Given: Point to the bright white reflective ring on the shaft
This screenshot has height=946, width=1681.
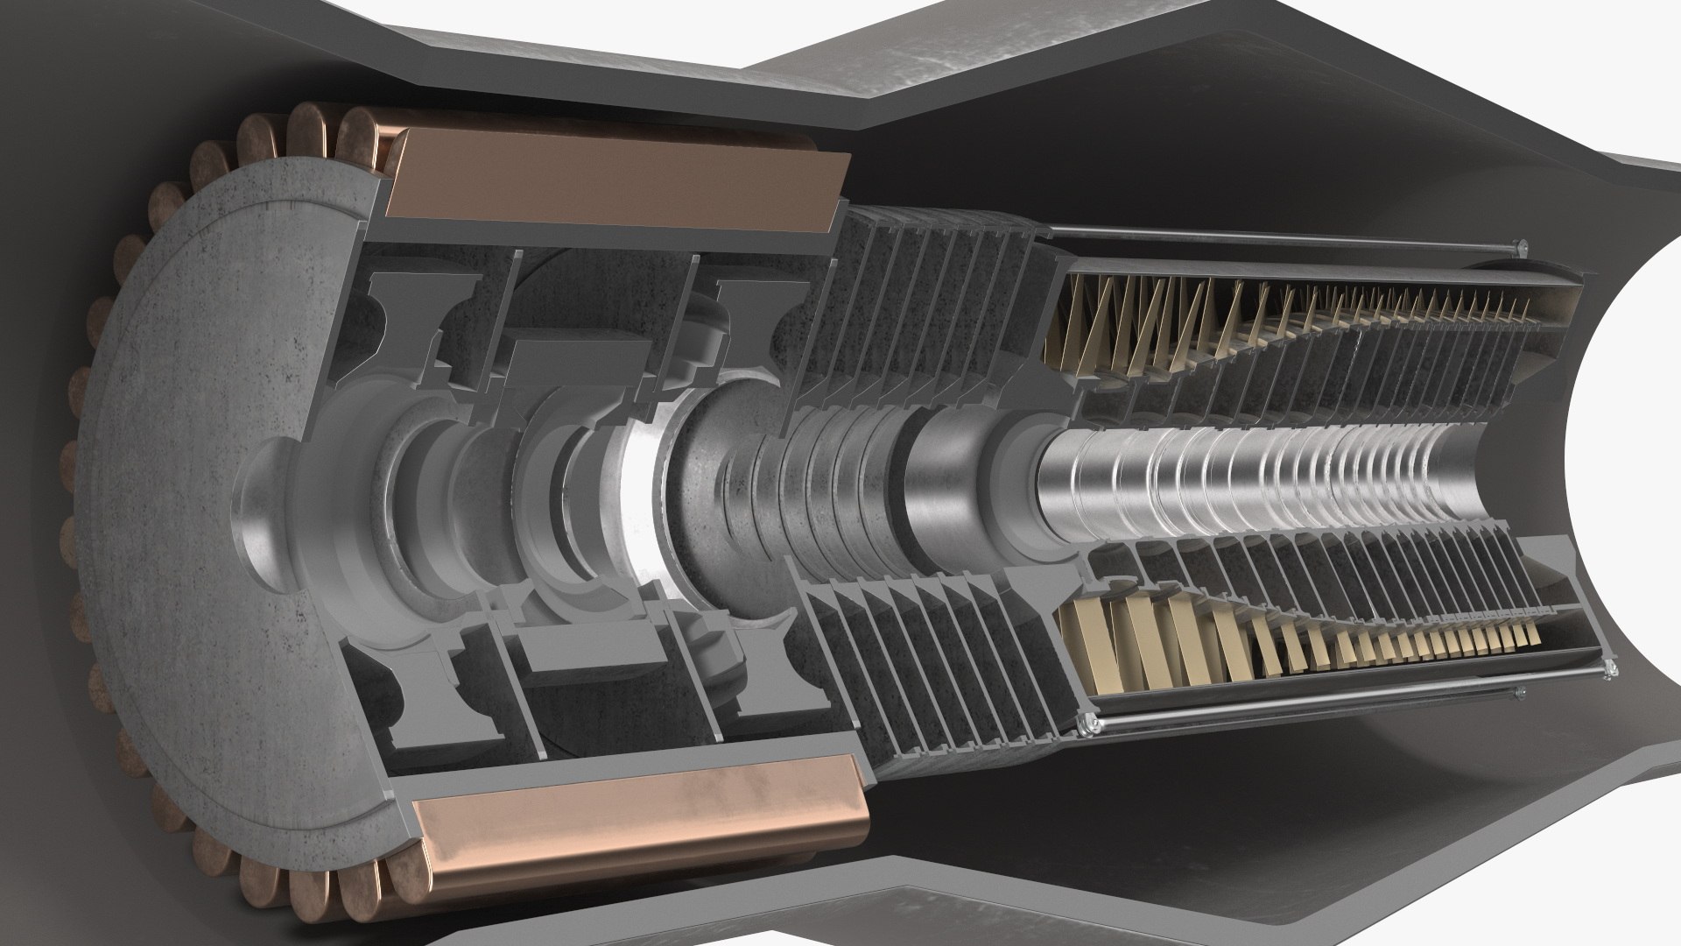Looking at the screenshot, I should (x=644, y=491).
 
